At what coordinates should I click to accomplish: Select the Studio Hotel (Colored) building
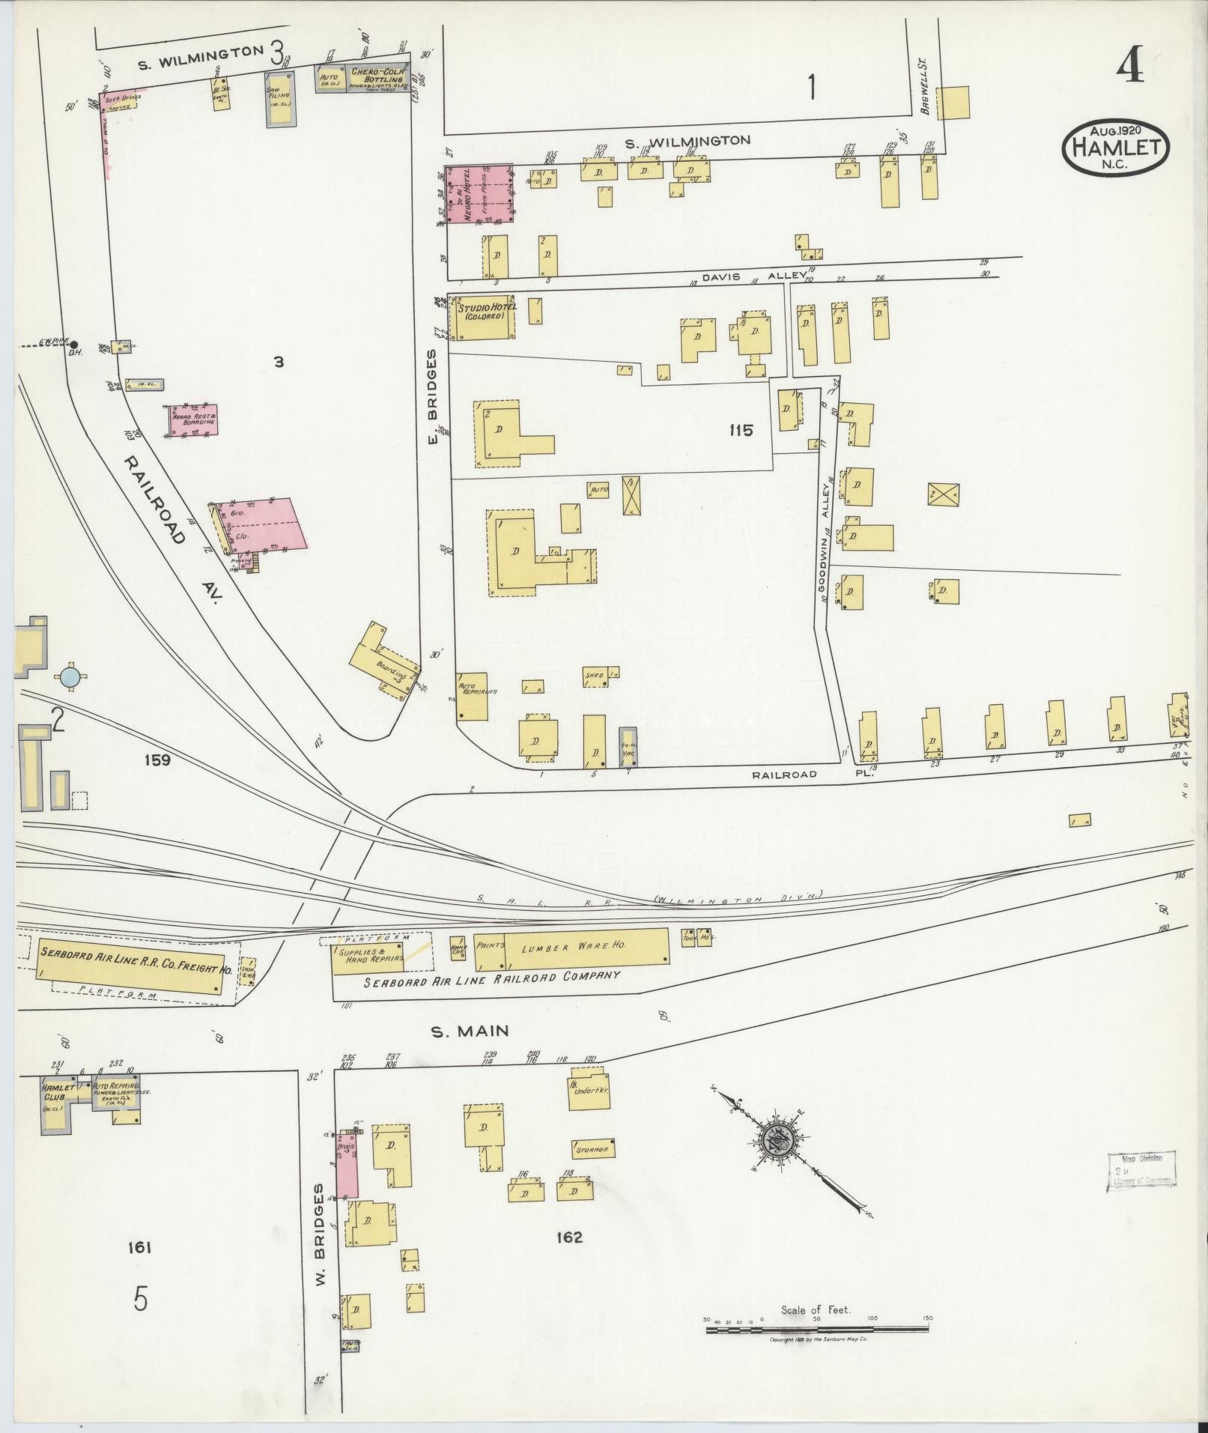[x=482, y=320]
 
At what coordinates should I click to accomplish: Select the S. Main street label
[x=470, y=1031]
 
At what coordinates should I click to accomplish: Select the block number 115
[x=741, y=431]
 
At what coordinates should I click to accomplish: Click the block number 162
[x=569, y=1237]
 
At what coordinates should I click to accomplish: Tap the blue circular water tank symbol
[x=70, y=676]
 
